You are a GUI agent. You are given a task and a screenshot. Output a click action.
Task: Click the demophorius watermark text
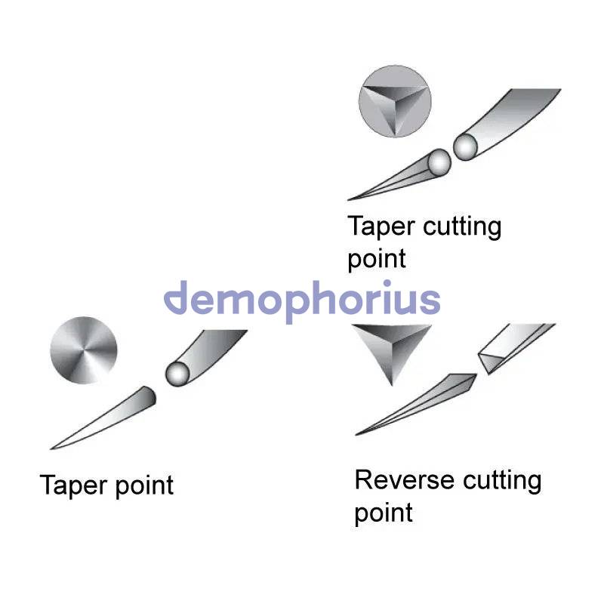pyautogui.click(x=302, y=301)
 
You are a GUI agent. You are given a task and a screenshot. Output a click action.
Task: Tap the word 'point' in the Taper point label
pyautogui.click(x=144, y=486)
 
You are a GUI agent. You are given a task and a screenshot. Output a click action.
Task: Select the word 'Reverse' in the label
pyautogui.click(x=405, y=480)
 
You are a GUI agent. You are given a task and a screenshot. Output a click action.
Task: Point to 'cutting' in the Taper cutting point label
pyautogui.click(x=462, y=228)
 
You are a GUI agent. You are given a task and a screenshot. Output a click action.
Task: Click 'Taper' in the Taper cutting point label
pyautogui.click(x=381, y=226)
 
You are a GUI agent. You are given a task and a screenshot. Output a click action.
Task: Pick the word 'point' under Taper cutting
pyautogui.click(x=377, y=260)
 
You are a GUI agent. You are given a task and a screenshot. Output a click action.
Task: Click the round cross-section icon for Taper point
pyautogui.click(x=84, y=350)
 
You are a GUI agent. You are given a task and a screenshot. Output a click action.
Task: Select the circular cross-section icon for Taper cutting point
pyautogui.click(x=395, y=101)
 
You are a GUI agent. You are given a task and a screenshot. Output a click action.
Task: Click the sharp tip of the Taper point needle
pyautogui.click(x=51, y=448)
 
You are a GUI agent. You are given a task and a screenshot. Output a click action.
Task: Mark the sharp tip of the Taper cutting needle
pyautogui.click(x=349, y=199)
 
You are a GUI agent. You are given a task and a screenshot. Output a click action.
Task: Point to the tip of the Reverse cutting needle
pyautogui.click(x=356, y=435)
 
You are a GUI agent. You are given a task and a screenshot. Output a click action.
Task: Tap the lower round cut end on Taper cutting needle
pyautogui.click(x=439, y=162)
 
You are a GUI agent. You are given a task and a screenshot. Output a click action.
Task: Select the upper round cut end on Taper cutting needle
pyautogui.click(x=465, y=146)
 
